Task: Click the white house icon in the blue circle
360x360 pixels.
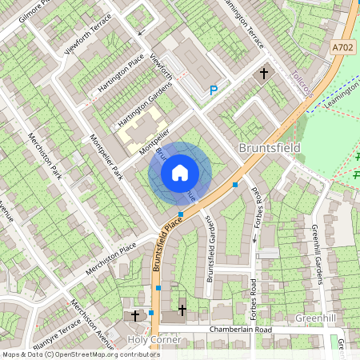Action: (180, 172)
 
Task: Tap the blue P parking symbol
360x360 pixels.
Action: (213, 91)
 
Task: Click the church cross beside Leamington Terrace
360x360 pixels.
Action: (264, 74)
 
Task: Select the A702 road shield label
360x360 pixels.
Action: (342, 50)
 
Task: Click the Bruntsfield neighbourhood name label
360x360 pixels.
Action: (270, 149)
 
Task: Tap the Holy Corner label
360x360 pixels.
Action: (154, 340)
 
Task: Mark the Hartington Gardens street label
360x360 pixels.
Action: (146, 106)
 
